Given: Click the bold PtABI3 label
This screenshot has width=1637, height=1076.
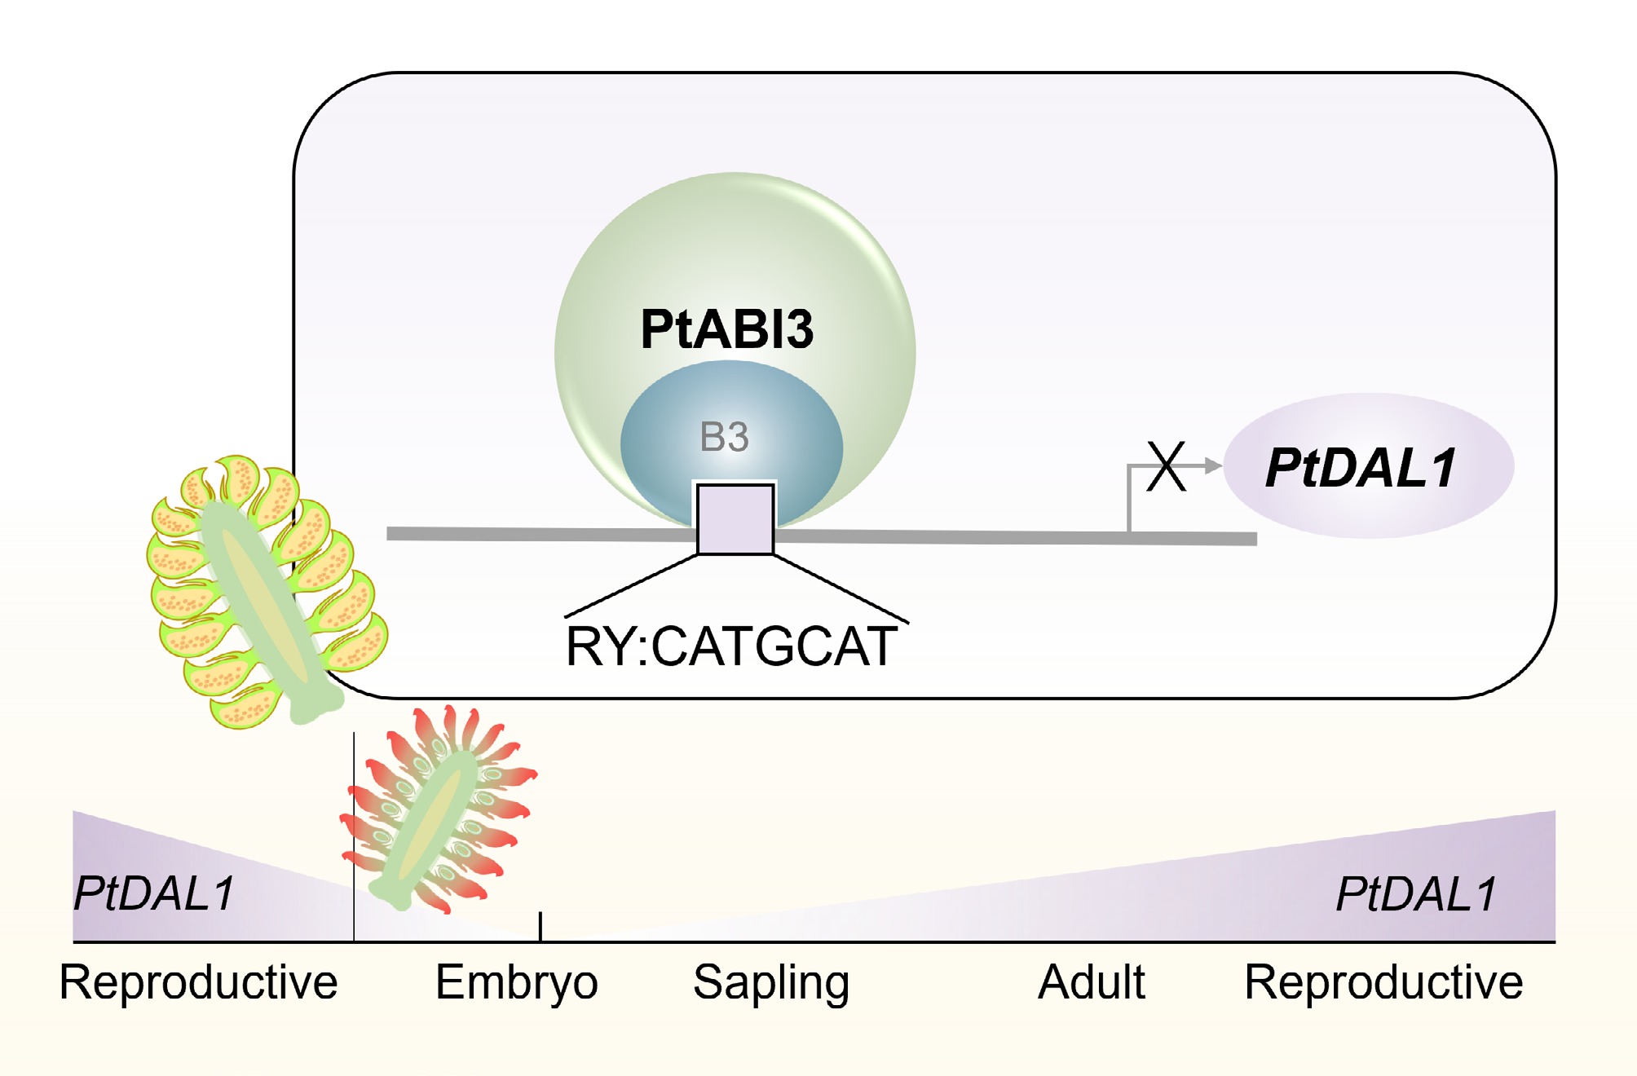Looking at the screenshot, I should pos(726,329).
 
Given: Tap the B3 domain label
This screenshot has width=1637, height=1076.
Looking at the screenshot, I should pos(724,437).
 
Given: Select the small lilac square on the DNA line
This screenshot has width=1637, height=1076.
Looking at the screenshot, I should pos(735,519).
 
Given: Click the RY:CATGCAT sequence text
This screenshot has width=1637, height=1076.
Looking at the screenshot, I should pos(731,647).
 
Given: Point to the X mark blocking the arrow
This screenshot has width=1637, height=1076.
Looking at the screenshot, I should pos(1166,466).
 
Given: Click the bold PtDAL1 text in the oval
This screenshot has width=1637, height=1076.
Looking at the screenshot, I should pos(1360,468).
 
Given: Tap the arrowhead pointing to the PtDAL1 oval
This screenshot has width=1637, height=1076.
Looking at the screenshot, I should pos(1213,466).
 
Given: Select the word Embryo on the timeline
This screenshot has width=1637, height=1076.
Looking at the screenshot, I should pos(516,982).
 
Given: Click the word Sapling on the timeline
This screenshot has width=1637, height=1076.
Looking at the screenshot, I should pos(770,982).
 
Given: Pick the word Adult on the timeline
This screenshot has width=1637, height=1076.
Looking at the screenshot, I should pos(1091,982).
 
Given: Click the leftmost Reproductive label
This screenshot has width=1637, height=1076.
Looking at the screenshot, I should pos(198,982).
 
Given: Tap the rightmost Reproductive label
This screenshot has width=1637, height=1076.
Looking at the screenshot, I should pos(1383,982).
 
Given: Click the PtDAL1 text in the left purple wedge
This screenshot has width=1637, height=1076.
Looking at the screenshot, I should pos(154,893).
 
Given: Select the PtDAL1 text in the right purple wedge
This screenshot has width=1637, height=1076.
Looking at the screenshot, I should pos(1416,894).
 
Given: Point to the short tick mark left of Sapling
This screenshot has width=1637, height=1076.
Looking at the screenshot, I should pos(541,927).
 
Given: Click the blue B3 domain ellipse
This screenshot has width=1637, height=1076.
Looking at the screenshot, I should pos(652,456).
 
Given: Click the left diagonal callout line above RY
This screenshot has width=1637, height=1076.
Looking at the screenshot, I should pos(632,585).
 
